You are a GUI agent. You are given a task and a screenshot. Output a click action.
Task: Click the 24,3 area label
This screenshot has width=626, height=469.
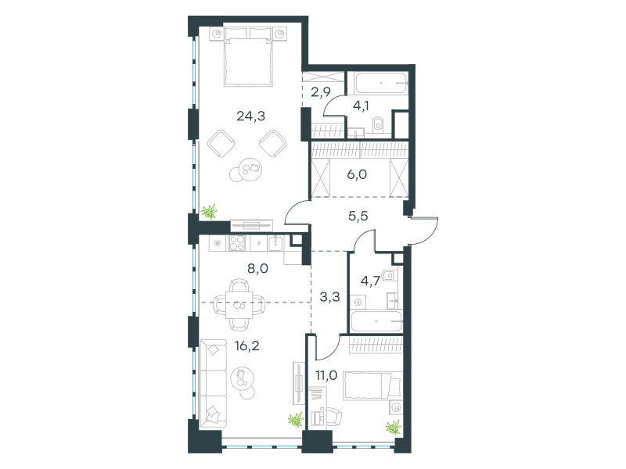coord(250,116)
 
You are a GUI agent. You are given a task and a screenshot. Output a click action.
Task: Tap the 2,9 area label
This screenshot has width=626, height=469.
coord(321,92)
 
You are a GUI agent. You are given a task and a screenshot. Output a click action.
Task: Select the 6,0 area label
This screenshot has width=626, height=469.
coord(357,174)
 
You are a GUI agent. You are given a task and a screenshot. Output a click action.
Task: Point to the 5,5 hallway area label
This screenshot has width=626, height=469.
coord(358,217)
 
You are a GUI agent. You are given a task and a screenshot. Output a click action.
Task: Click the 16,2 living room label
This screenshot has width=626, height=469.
coord(247,345)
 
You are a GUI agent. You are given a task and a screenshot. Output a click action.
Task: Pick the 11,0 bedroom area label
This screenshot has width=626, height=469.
coord(326,375)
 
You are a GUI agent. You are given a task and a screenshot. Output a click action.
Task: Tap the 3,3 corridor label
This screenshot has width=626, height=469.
coord(329,297)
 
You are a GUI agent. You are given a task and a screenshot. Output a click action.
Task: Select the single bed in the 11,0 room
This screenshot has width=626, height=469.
coord(373,385)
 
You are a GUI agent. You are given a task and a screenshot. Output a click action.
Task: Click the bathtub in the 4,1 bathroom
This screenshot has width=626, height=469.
coord(381,83)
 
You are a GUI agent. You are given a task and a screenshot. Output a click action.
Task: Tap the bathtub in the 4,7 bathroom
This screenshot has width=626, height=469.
coord(376,321)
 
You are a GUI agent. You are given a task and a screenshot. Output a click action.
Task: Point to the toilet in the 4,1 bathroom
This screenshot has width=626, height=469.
coord(378,125)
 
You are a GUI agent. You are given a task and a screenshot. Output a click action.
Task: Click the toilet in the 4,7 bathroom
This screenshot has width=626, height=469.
coord(389,275)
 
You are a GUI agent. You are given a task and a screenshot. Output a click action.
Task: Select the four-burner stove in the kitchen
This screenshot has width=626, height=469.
coord(237,243)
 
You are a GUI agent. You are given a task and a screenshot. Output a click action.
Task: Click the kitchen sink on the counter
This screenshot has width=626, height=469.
coord(275,242)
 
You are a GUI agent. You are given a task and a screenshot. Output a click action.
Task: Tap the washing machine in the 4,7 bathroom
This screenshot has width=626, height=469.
coord(358,302)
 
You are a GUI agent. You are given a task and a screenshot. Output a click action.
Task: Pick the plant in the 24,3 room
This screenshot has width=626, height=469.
coord(209,211)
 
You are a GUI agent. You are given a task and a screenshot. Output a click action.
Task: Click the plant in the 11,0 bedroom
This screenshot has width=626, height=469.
coord(394,427)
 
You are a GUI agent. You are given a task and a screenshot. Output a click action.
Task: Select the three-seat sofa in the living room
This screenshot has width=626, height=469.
coord(213,384)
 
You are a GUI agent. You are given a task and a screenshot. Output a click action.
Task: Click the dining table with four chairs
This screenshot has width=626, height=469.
coord(239,304)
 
